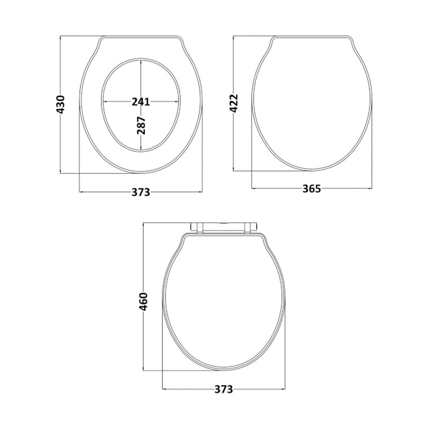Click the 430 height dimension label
[x=61, y=104]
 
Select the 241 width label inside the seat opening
[x=141, y=101]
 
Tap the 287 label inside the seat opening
[x=141, y=125]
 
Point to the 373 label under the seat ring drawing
[x=141, y=192]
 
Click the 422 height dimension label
[x=234, y=103]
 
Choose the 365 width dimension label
[x=312, y=189]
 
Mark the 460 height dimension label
[x=144, y=301]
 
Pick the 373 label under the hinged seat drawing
[x=224, y=389]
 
